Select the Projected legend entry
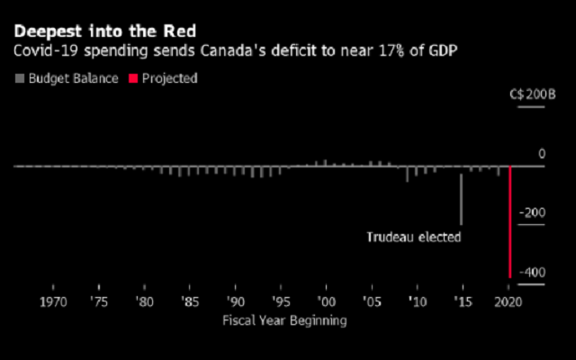[x=167, y=78]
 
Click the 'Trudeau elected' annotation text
[x=413, y=238]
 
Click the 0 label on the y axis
[x=542, y=155]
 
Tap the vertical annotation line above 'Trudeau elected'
[x=462, y=199]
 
